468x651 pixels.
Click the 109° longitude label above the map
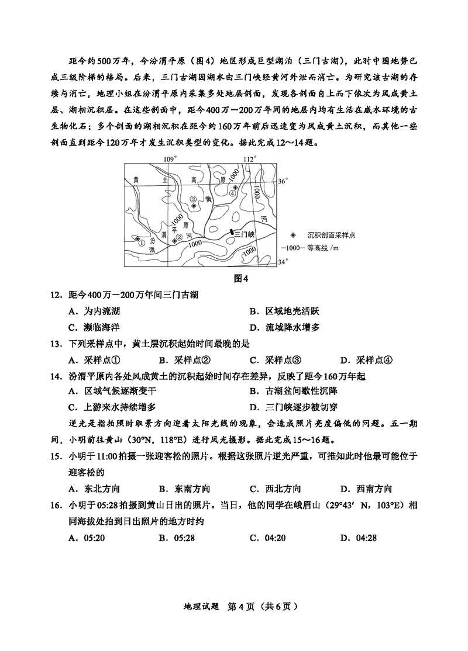(x=169, y=159)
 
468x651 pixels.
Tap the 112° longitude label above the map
(x=250, y=159)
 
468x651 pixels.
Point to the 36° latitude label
(x=283, y=182)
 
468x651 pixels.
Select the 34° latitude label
(x=283, y=262)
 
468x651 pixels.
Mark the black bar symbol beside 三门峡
(x=232, y=233)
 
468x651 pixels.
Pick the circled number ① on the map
(x=142, y=240)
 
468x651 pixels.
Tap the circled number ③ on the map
(x=193, y=199)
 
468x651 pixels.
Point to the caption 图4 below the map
(x=241, y=278)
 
